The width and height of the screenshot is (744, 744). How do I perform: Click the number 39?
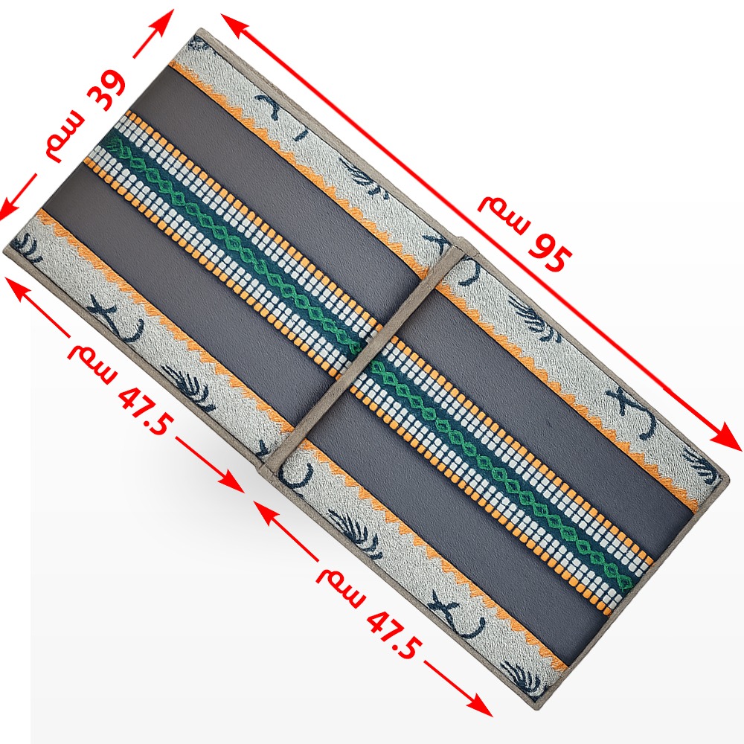(x=106, y=91)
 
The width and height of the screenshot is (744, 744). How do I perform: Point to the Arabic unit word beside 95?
(x=502, y=211)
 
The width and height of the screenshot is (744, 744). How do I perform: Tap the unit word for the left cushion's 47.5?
(x=92, y=362)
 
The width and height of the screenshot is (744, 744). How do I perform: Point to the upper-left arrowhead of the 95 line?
(x=232, y=24)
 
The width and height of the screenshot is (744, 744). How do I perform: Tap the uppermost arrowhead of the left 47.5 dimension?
(x=15, y=287)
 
